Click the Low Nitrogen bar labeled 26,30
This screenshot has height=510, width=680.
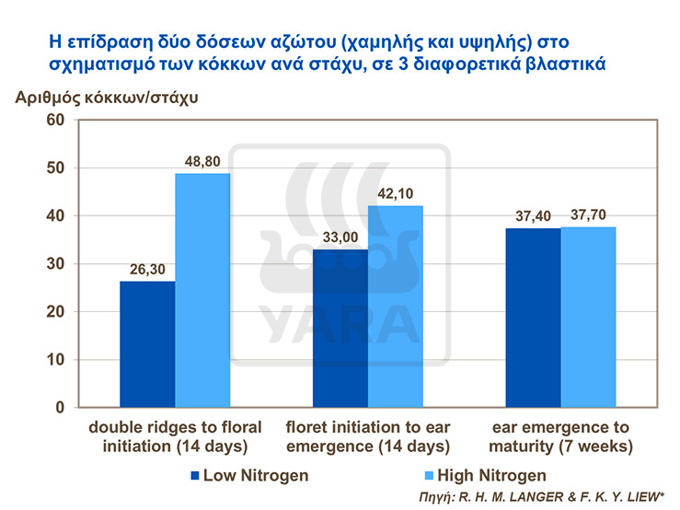tap(148, 343)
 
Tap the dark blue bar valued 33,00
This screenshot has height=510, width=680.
tap(340, 328)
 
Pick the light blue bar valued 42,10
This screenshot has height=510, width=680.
tap(396, 306)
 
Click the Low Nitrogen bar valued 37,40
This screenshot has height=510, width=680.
tap(533, 317)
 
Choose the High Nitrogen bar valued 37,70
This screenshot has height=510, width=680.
tap(588, 317)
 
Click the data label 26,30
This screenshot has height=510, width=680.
tap(148, 269)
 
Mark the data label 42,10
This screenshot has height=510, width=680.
tap(397, 193)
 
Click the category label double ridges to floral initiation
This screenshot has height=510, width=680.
tap(175, 437)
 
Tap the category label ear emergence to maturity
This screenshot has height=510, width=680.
tap(560, 437)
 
